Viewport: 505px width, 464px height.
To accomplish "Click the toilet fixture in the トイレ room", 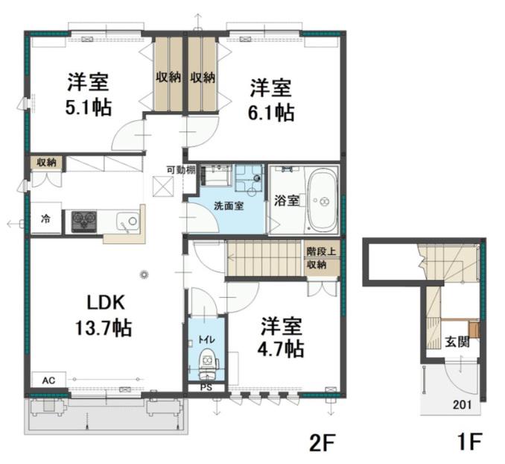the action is (x=207, y=364).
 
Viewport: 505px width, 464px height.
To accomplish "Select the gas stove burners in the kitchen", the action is (x=84, y=222).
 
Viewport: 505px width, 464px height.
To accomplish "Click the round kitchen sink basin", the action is (x=133, y=221).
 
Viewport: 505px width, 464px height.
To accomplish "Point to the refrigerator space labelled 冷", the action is (x=45, y=219).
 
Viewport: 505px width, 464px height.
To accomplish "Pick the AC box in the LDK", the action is (x=49, y=380).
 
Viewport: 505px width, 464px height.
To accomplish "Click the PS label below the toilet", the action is (x=206, y=387).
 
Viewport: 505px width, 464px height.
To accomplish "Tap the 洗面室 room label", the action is (x=229, y=206).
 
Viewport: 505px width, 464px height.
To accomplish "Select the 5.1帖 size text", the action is (x=89, y=107).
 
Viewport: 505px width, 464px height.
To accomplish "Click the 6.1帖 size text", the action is (x=271, y=113).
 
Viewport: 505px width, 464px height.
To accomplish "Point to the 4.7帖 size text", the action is (x=281, y=349).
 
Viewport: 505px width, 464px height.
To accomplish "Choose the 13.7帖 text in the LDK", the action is (x=104, y=328).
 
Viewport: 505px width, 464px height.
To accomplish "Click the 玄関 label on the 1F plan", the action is (x=457, y=342).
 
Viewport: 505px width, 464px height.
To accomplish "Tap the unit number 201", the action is (x=462, y=404).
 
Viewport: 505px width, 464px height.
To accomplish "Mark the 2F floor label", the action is (x=323, y=442).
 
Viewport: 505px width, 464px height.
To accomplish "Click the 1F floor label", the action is (x=469, y=442).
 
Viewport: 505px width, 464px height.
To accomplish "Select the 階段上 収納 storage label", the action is (x=321, y=258).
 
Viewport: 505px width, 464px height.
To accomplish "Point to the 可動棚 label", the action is (x=181, y=170).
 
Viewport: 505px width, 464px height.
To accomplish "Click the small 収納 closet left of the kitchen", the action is (x=46, y=163).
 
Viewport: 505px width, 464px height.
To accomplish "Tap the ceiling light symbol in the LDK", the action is (x=144, y=275).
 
